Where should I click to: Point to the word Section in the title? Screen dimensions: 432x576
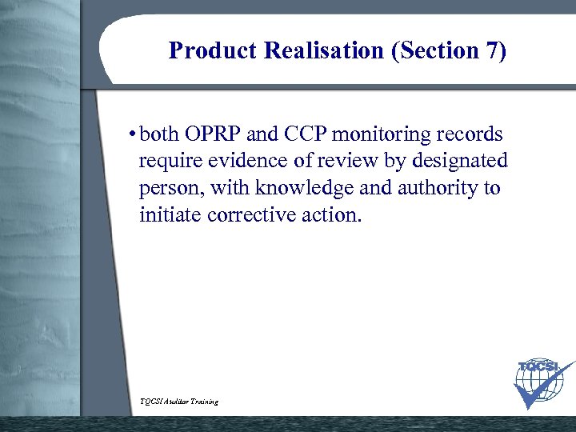point(436,51)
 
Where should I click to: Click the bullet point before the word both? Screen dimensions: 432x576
point(131,134)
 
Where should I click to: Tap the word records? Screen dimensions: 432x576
point(472,134)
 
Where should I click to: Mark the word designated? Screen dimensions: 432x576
point(460,161)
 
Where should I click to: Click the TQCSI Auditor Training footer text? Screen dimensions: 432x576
point(178,401)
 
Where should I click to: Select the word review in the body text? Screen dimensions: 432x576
point(347,161)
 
